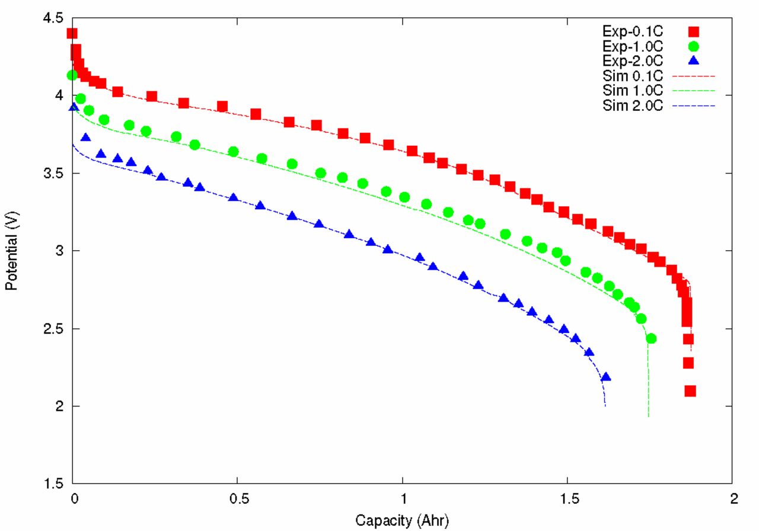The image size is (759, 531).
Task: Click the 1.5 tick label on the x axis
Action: pos(569,500)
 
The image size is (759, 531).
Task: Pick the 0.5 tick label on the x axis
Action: pos(238,500)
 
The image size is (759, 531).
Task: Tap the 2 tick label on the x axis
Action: pos(734,500)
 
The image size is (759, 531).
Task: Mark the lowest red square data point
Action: pos(690,391)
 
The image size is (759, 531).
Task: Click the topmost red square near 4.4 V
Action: pos(72,33)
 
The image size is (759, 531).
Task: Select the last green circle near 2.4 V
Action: pos(651,338)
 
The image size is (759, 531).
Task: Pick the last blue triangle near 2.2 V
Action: pos(606,377)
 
